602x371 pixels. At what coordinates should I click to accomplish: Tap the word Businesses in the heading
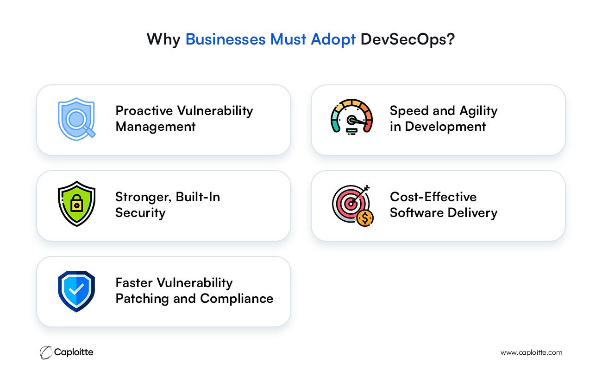pyautogui.click(x=226, y=39)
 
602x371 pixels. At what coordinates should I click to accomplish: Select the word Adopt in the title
pyautogui.click(x=333, y=40)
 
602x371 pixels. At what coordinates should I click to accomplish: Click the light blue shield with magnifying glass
pyautogui.click(x=77, y=119)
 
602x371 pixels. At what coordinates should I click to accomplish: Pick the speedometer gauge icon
pyautogui.click(x=351, y=117)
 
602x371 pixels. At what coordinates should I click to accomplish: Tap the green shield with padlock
pyautogui.click(x=76, y=204)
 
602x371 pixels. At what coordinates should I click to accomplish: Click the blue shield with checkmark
pyautogui.click(x=76, y=291)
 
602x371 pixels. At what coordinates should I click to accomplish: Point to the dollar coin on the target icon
pyautogui.click(x=365, y=218)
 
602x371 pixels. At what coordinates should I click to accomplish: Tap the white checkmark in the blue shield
pyautogui.click(x=76, y=290)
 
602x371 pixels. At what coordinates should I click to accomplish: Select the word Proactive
pyautogui.click(x=144, y=111)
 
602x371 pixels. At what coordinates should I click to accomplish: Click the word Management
pyautogui.click(x=155, y=127)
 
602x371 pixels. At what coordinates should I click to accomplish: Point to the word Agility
pyautogui.click(x=478, y=111)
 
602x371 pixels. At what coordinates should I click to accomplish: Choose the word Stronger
pyautogui.click(x=143, y=197)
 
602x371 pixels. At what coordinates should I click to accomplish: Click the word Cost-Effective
pyautogui.click(x=433, y=197)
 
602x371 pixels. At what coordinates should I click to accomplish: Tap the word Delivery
pyautogui.click(x=472, y=213)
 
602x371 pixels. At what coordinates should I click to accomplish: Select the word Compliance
pyautogui.click(x=237, y=299)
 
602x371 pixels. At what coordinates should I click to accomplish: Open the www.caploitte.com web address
pyautogui.click(x=531, y=352)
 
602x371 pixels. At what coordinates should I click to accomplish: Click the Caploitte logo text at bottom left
pyautogui.click(x=74, y=352)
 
